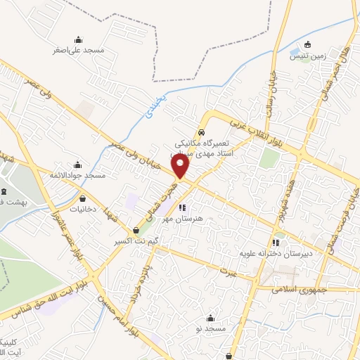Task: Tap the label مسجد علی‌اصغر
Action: coord(78,51)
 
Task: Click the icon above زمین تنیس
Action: coord(307,46)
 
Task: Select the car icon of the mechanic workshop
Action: coord(202,131)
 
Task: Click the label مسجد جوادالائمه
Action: coord(77,174)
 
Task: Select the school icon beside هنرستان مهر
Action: coord(182,207)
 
